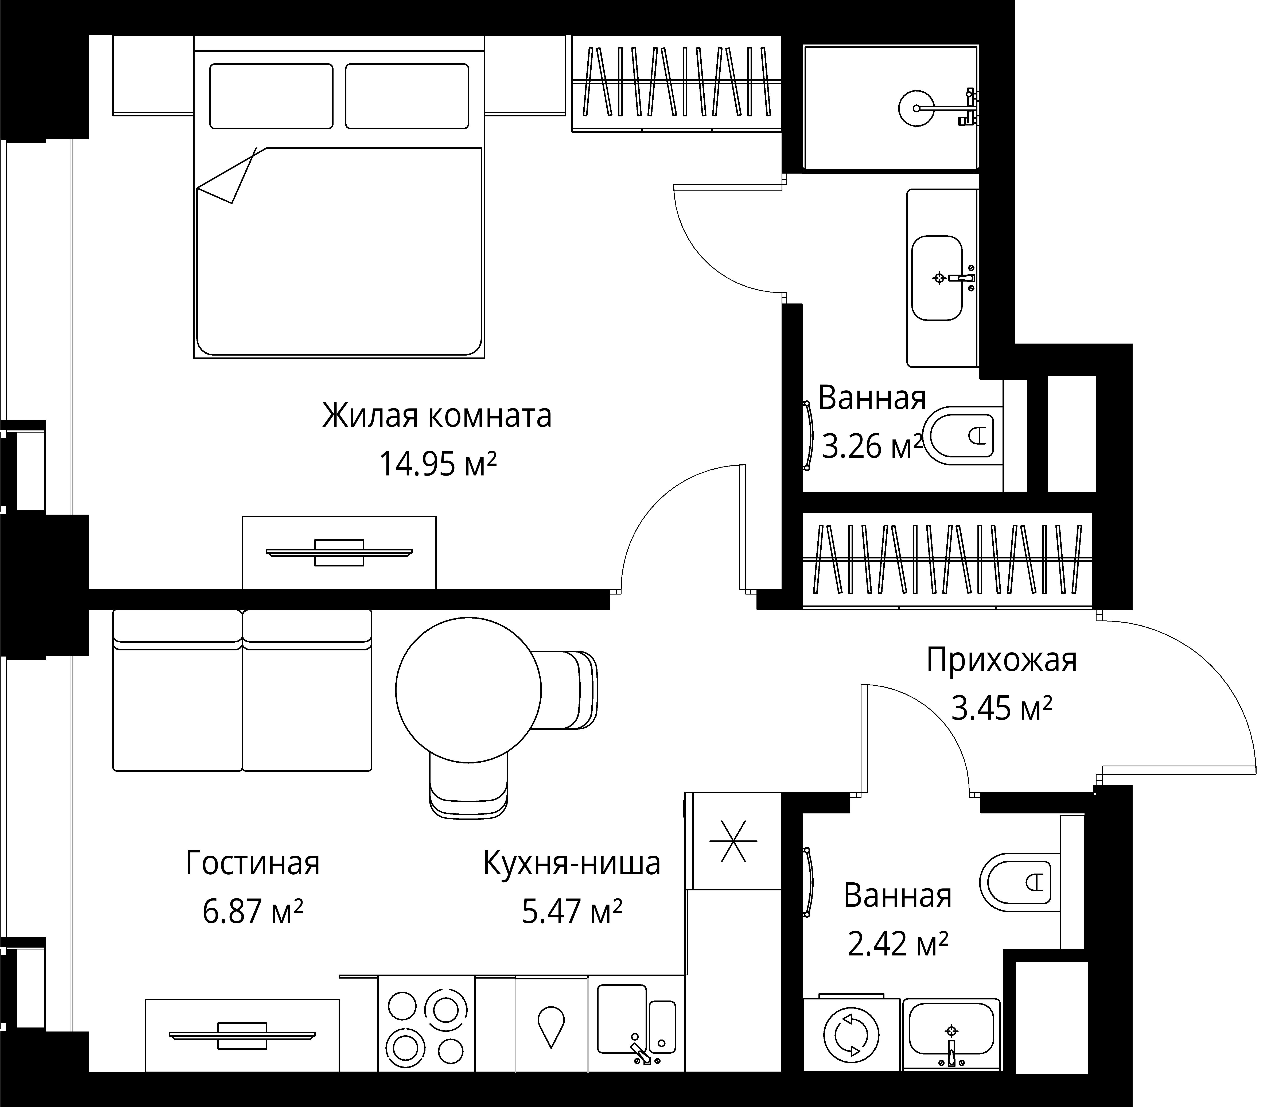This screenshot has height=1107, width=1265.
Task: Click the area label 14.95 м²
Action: [437, 464]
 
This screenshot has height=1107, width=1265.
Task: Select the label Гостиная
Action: [253, 863]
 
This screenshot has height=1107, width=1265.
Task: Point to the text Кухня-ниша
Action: [571, 863]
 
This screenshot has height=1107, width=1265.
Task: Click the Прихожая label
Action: [1001, 660]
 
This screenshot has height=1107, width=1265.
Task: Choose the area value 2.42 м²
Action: [898, 943]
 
